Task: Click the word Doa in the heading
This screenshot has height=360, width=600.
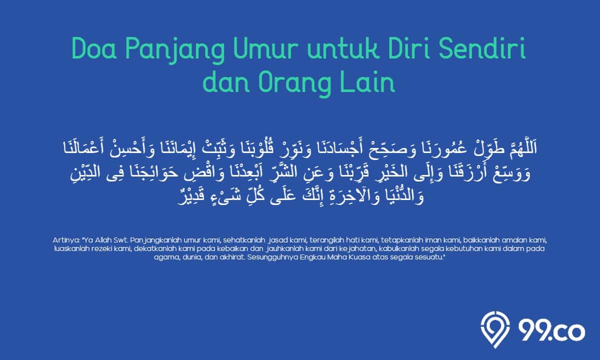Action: (x=94, y=49)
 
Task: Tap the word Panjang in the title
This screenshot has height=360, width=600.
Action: (x=175, y=51)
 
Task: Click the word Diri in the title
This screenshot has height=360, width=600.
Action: (x=409, y=49)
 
